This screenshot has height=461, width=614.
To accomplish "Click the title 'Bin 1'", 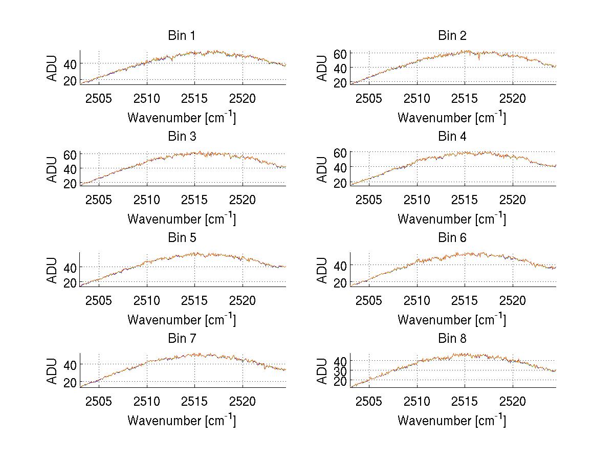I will (181, 36).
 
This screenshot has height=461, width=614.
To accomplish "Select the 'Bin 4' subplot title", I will (452, 137).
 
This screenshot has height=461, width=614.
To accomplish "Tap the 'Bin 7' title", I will (181, 339).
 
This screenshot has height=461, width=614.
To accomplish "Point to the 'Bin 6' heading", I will (452, 238).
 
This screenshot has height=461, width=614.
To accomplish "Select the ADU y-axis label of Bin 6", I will (322, 270).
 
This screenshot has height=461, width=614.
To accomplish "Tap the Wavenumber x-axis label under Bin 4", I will (452, 218).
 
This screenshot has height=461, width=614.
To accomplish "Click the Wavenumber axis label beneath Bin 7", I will (181, 420).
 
